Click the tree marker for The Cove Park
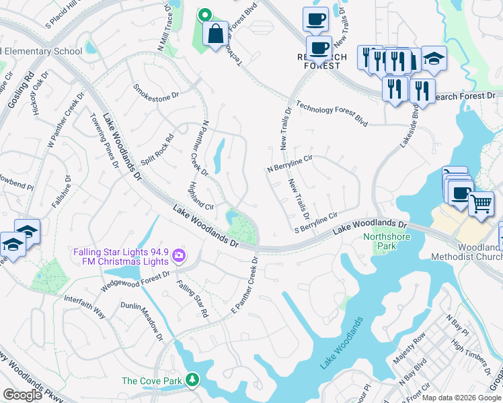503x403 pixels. [193, 381]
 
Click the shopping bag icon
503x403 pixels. [215, 34]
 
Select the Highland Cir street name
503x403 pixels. [201, 196]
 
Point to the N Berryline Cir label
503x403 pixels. [291, 164]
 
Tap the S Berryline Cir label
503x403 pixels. [316, 223]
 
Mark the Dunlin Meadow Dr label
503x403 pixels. [151, 320]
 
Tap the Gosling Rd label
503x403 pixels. [21, 91]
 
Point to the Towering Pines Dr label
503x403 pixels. [105, 140]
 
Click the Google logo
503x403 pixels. [23, 395]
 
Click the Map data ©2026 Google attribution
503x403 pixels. [461, 398]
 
